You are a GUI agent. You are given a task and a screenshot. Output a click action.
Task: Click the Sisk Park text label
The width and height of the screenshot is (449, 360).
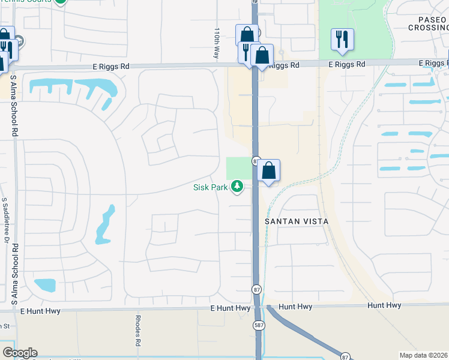point(210,187)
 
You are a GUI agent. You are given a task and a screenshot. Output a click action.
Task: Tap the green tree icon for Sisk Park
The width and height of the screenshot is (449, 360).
point(238,187)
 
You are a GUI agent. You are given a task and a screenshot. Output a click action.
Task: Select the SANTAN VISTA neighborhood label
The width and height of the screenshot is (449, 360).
point(297,221)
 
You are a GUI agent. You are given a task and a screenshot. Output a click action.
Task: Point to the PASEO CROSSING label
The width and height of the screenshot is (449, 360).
point(427,23)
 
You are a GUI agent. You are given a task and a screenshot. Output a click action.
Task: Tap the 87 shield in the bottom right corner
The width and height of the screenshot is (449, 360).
point(345,356)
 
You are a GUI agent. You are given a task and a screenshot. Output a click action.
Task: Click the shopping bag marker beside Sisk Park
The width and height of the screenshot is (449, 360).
point(269,171)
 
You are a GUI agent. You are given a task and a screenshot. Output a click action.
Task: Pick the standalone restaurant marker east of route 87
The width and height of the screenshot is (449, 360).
point(342,40)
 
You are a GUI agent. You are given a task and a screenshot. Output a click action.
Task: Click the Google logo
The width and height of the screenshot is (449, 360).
point(20,353)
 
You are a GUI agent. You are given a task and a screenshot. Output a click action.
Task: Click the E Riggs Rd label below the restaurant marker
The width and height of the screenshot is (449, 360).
point(346,64)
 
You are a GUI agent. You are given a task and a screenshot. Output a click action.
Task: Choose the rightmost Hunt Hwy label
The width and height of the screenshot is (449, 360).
point(384,305)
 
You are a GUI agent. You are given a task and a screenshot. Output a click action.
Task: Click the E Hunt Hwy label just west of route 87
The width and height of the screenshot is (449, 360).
point(230,308)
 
